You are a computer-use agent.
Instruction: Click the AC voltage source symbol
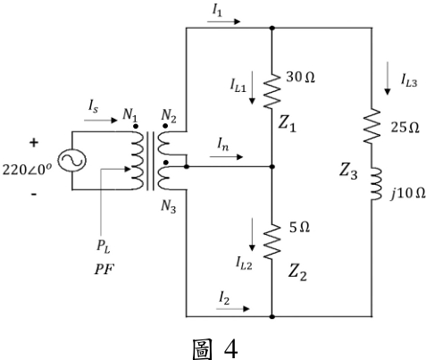71,161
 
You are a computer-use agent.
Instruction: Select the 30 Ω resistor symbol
272,91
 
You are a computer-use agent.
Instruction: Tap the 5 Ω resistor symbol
272,241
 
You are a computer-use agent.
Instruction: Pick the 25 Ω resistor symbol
372,126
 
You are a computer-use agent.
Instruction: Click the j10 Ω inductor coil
376,184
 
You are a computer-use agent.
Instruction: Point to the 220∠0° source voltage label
27,170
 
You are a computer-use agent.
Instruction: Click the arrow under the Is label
101,121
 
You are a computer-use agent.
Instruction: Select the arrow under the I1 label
223,21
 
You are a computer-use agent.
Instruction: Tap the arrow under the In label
227,156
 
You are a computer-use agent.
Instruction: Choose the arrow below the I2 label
233,309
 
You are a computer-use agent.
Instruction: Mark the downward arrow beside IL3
388,79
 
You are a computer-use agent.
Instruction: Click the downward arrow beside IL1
252,88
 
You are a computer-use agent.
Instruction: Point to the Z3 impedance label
348,172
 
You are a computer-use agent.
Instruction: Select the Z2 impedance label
297,272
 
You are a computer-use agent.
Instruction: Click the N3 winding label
169,206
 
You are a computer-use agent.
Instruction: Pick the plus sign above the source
34,143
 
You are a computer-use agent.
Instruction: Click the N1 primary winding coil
138,161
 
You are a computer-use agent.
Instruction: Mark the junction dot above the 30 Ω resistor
272,28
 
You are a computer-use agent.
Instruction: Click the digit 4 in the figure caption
230,349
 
